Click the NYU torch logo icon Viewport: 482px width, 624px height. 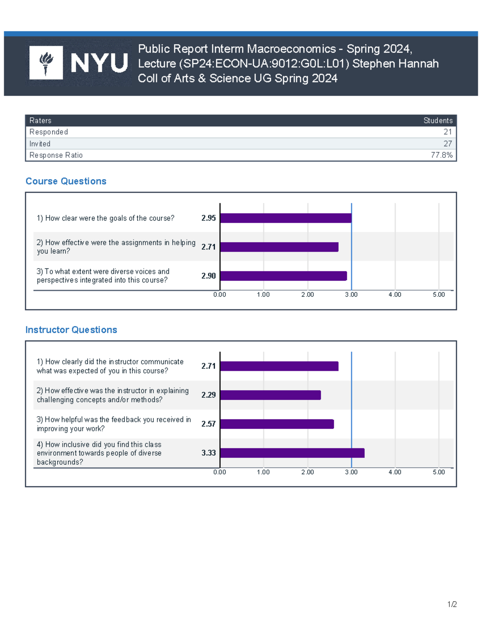[x=46, y=63]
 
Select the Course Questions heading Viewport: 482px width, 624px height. [x=66, y=181]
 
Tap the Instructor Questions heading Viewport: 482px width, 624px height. [x=71, y=330]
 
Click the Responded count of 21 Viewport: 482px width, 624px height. [x=447, y=132]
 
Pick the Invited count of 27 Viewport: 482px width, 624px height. [x=447, y=143]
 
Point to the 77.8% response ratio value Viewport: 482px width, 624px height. [x=441, y=155]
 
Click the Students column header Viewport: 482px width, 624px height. [x=438, y=121]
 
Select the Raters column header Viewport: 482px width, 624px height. [x=40, y=121]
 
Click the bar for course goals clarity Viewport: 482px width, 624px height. [x=286, y=218]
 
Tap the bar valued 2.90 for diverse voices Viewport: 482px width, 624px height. [x=283, y=276]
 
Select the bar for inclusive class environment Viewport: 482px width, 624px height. [x=292, y=453]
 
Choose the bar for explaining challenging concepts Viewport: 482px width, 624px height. [x=270, y=395]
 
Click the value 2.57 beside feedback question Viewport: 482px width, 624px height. [x=208, y=424]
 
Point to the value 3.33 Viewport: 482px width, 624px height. [x=208, y=453]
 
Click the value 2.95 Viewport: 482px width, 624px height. [x=208, y=218]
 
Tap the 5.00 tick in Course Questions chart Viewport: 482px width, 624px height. [x=439, y=295]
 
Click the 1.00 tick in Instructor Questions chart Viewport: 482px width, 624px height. [x=263, y=472]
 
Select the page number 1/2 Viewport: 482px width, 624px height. [x=452, y=604]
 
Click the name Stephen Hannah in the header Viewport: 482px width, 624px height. [x=395, y=63]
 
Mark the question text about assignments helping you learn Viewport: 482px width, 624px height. [x=116, y=247]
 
